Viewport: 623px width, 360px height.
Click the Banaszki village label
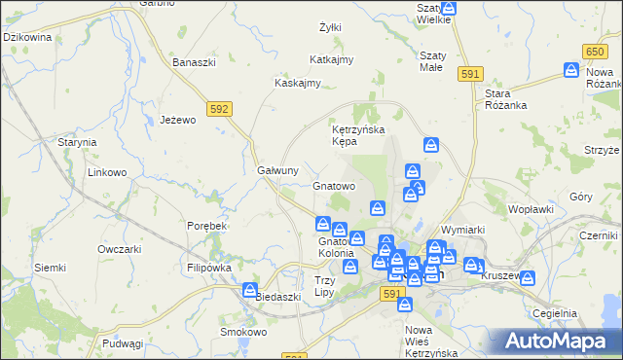tap(193, 62)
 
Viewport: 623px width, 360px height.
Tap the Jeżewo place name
tap(178, 120)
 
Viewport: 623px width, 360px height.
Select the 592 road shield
tap(218, 109)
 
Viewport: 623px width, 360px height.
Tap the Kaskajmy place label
tap(298, 83)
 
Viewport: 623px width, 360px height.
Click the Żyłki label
tap(330, 27)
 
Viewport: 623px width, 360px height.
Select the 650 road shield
tap(597, 51)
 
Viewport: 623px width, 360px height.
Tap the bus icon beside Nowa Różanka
tap(572, 70)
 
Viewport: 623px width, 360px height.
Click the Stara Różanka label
tap(504, 100)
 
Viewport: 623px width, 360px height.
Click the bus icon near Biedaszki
tap(250, 289)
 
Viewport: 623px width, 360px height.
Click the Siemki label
tap(50, 268)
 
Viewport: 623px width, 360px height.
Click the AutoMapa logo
tap(560, 341)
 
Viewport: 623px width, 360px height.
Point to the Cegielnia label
tap(556, 313)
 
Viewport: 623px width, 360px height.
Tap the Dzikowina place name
tap(27, 37)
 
